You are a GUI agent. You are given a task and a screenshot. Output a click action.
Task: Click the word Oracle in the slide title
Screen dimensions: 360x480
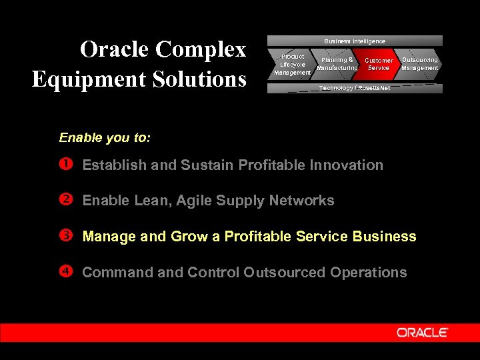115,49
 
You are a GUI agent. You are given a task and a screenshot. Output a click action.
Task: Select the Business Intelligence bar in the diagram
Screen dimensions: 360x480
355,41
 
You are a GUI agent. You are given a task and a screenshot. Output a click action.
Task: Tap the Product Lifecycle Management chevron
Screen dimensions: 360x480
291,64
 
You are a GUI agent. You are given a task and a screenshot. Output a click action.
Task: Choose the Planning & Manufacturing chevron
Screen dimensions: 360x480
337,64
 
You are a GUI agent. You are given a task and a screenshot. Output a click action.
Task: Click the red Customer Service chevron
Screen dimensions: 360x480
379,64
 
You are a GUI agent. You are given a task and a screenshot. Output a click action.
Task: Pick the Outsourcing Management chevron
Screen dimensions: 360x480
419,64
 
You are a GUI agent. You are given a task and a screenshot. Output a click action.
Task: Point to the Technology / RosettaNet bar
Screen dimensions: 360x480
355,88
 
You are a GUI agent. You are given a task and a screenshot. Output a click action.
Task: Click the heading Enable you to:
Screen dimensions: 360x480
105,138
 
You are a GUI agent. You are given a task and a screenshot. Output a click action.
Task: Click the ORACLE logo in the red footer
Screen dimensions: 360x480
423,333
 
